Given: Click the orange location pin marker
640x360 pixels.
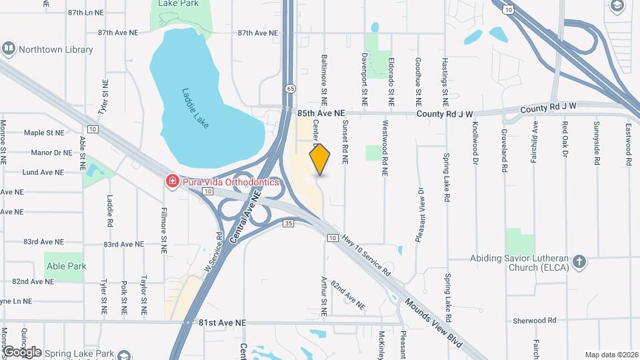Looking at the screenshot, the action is coord(320,159).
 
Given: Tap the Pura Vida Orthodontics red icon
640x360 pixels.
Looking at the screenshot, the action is coord(172,181).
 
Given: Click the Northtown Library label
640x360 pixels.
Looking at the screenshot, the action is coord(55,49).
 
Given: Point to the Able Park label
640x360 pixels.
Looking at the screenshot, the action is coord(67,265).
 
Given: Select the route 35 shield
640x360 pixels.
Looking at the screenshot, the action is coord(288,224).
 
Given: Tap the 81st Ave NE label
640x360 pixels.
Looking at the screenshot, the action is coord(222,323).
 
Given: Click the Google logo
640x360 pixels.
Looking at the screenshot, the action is coord(22,351).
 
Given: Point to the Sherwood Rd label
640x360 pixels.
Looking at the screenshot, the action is coord(534,321).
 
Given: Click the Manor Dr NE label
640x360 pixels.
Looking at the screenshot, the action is coord(51,153).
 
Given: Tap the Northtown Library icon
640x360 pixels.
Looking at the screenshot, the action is coord(9,49).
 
